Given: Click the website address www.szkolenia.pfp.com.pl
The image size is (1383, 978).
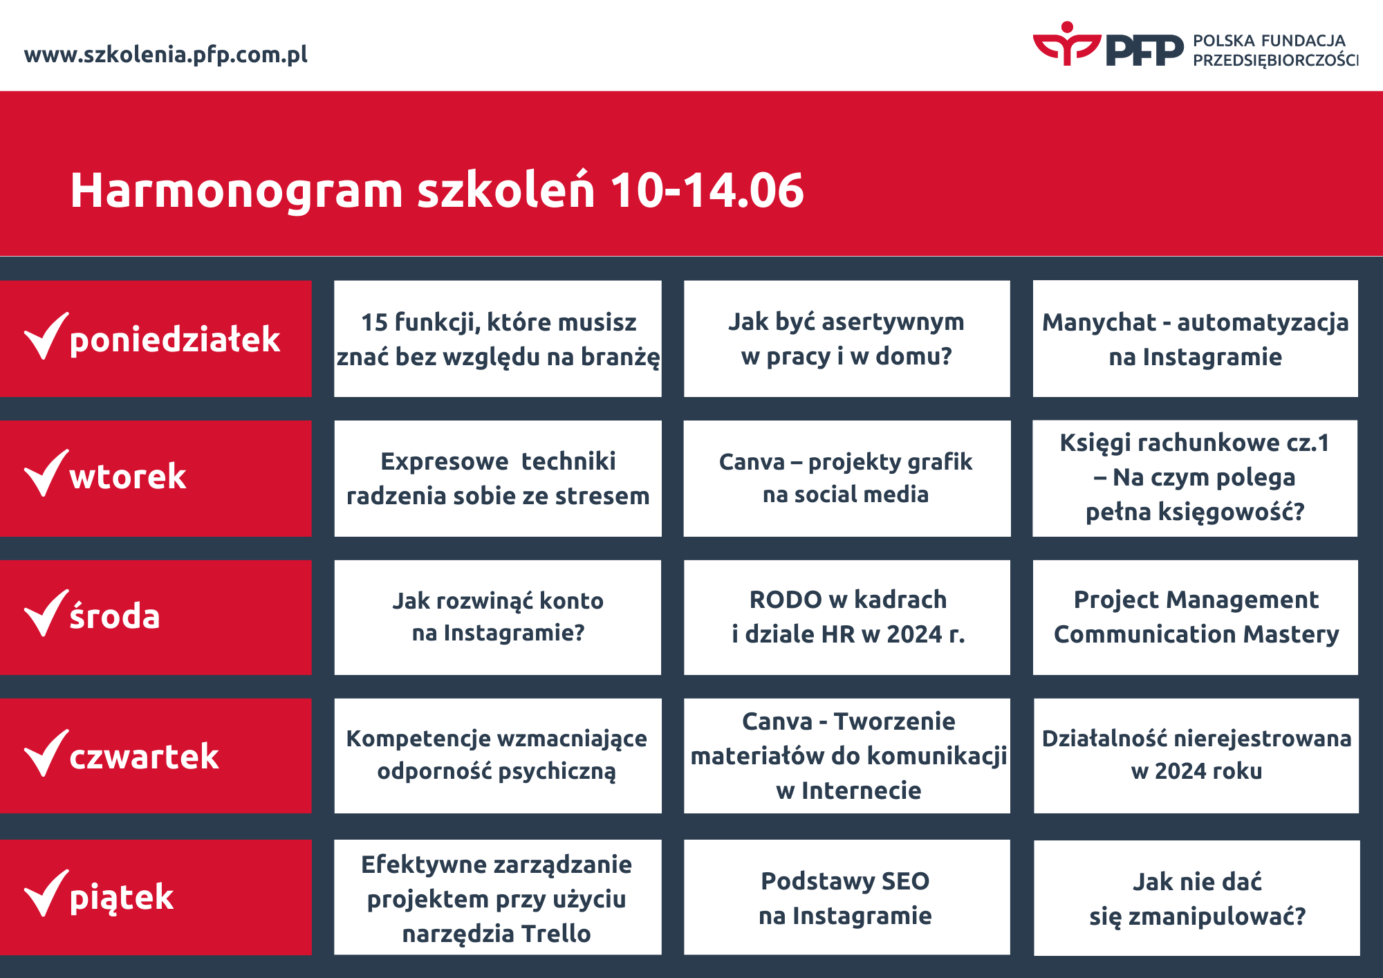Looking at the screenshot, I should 166,55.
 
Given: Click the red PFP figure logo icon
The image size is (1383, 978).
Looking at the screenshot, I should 1066,44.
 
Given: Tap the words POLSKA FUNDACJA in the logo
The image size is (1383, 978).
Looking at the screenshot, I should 1269,41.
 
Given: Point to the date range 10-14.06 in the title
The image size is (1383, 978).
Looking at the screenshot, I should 707,190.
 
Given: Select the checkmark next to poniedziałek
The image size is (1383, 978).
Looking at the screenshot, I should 46,337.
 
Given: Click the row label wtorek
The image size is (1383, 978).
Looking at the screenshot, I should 128,477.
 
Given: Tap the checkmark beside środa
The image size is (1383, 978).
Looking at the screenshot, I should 46,614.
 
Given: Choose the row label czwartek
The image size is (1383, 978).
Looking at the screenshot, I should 144,756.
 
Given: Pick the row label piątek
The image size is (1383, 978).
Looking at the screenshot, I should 122,897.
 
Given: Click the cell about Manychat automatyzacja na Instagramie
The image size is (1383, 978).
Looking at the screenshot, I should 1195,339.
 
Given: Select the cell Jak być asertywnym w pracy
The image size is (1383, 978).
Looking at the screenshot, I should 846,339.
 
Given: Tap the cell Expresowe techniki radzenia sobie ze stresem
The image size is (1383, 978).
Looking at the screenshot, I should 498,479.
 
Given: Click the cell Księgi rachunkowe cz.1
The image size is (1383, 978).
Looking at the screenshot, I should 1195,477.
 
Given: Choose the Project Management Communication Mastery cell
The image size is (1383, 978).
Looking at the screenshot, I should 1196,617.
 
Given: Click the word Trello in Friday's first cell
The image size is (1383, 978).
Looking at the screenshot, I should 555,934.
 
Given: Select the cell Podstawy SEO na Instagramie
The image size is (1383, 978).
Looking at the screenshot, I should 846,898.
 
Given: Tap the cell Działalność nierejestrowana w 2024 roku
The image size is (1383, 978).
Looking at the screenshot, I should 1196,755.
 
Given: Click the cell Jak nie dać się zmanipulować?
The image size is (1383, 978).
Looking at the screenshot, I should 1197,898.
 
